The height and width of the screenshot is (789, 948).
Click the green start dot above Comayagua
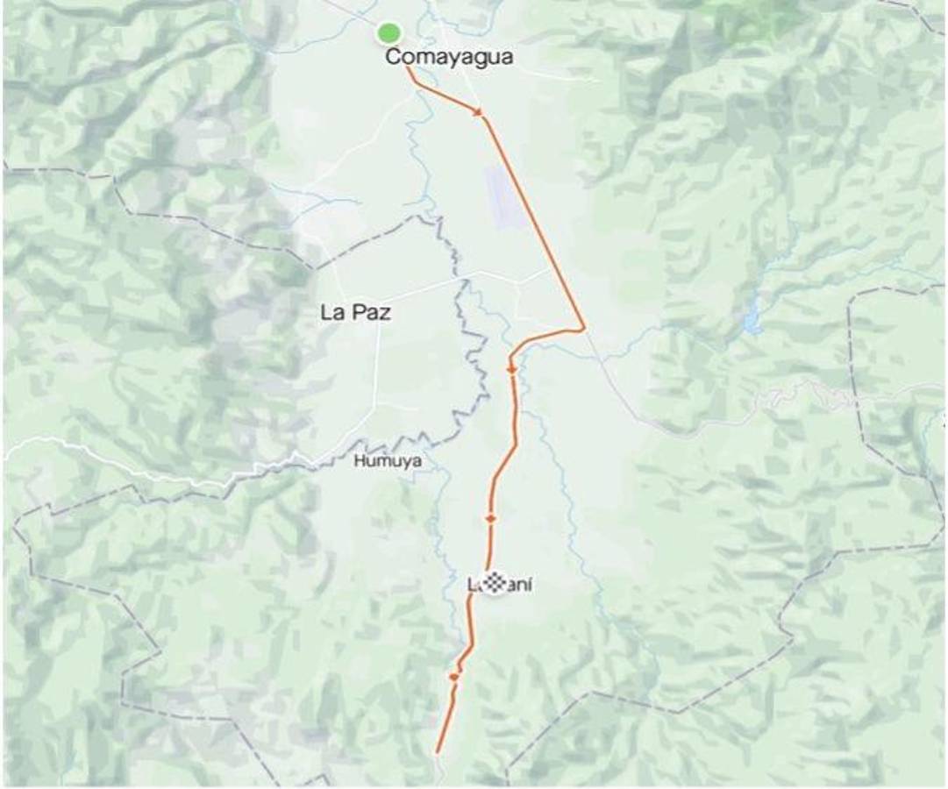point(388,33)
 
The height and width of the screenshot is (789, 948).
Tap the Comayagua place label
point(449,58)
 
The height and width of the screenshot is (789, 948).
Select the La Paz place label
point(355,313)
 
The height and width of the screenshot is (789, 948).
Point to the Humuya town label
point(388,460)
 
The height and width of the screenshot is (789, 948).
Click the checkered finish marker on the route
point(495,583)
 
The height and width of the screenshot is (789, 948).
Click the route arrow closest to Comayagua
point(479,112)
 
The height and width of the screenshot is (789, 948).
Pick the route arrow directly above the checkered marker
point(490,519)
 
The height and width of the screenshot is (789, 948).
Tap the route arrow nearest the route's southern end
point(453,677)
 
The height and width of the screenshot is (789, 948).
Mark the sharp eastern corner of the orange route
point(584,330)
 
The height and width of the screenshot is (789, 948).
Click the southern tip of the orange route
point(437,751)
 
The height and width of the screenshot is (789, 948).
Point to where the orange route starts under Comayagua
point(407,68)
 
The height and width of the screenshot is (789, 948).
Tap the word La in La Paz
point(331,313)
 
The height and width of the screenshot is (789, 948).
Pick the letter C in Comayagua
point(394,58)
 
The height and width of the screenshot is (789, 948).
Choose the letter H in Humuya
point(359,460)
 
